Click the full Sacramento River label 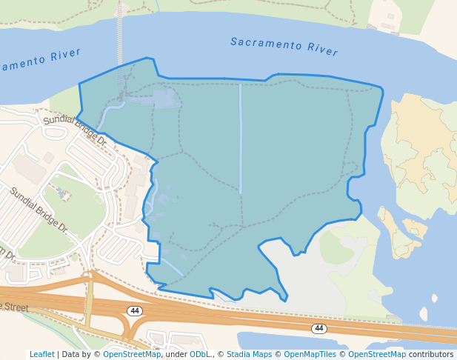pos(284,47)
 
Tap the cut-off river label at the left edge pos(40,60)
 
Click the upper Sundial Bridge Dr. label pos(75,130)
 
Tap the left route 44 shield pos(134,311)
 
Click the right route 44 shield pos(319,328)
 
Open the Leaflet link pos(42,354)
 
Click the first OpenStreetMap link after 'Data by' pos(131,354)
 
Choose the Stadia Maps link pos(250,354)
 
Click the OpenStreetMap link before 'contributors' pos(377,354)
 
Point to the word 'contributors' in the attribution pos(431,354)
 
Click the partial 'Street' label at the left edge pos(14,307)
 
